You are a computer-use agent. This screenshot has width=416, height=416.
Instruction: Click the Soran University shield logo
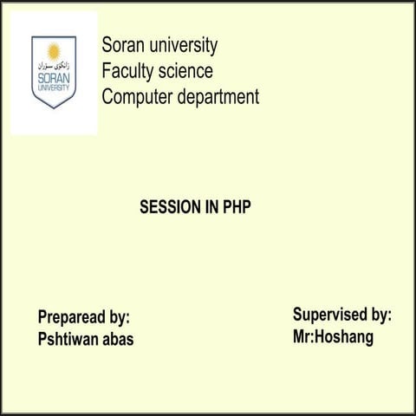(54, 71)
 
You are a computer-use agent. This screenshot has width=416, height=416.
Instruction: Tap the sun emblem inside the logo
(54, 50)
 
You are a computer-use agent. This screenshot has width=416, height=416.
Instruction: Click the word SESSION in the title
(171, 208)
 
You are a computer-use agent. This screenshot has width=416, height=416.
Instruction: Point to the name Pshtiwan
(69, 339)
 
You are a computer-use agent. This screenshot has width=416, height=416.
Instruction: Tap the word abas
(119, 339)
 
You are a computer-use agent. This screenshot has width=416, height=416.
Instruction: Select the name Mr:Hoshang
(333, 337)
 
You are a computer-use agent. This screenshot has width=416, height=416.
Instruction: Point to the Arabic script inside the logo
(54, 65)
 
